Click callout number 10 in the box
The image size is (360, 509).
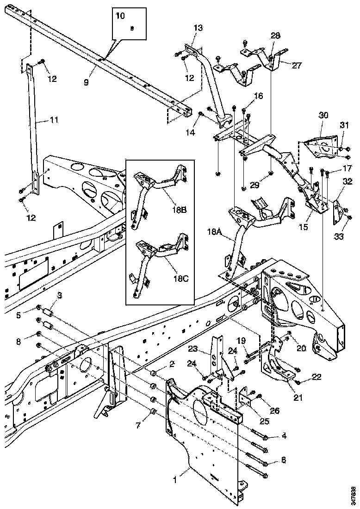click(120, 16)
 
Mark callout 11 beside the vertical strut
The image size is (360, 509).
click(54, 120)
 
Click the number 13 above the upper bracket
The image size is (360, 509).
click(198, 28)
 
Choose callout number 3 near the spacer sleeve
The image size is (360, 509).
click(60, 295)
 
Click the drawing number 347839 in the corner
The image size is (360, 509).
click(354, 493)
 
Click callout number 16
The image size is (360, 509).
click(258, 96)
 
